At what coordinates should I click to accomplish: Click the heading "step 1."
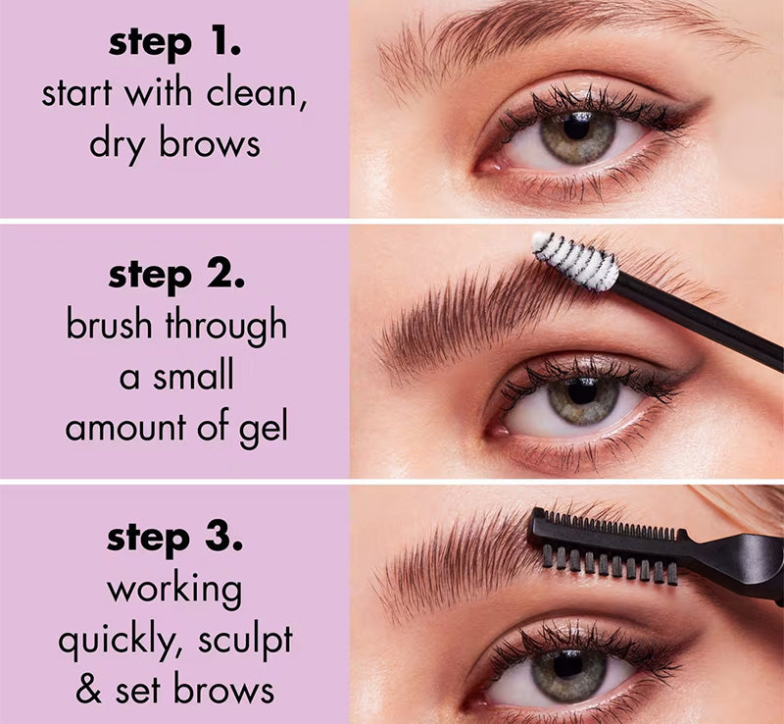(174, 44)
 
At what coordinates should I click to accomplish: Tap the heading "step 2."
(176, 276)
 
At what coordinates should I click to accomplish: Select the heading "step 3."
(174, 539)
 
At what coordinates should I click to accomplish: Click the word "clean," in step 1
(257, 94)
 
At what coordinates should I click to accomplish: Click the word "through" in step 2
(226, 327)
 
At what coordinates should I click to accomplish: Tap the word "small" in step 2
(193, 375)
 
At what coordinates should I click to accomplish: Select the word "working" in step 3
(174, 591)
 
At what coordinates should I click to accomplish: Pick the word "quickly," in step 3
(120, 642)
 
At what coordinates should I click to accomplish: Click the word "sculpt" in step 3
(245, 642)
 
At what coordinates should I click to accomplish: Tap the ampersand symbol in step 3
(89, 688)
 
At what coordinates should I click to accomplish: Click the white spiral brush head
(575, 260)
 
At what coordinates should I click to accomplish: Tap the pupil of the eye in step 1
(577, 129)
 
